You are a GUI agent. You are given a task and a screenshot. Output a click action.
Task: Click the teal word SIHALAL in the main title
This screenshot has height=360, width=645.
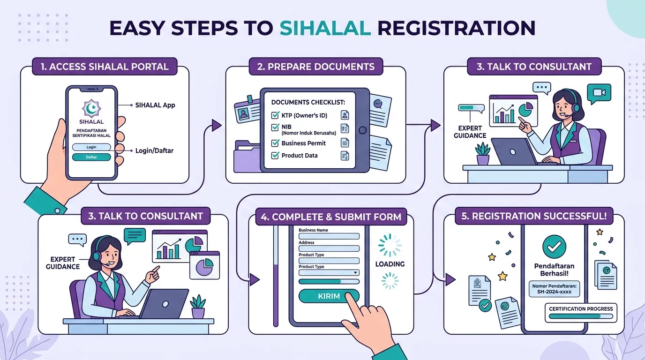click(x=325, y=28)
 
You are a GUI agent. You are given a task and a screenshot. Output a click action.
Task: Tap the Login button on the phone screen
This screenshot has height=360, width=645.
click(x=91, y=147)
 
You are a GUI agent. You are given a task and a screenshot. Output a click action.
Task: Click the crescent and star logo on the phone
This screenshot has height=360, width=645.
click(x=91, y=109)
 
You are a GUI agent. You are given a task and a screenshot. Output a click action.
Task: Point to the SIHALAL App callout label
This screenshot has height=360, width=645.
click(x=155, y=105)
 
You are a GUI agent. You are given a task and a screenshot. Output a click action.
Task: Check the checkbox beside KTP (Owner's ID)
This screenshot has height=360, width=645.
click(x=275, y=115)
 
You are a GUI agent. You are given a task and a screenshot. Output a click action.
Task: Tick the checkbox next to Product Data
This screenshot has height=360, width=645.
click(x=275, y=156)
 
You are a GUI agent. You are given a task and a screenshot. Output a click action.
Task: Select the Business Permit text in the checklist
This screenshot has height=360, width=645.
click(x=303, y=143)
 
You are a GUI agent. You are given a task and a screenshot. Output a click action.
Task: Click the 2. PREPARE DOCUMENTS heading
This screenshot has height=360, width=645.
click(x=316, y=67)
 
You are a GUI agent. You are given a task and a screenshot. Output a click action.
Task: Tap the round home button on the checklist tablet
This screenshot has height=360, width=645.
click(x=362, y=130)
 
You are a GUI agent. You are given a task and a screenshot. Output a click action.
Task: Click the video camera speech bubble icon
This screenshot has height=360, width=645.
click(x=599, y=93)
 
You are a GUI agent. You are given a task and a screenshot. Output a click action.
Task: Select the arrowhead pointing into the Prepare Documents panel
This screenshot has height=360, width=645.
click(x=217, y=125)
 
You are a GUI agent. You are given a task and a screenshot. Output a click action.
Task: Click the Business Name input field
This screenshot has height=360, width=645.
click(x=329, y=236)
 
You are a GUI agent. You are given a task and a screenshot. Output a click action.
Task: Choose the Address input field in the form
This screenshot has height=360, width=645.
click(x=329, y=248)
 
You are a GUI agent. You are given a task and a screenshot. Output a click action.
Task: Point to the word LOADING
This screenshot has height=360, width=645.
click(x=390, y=264)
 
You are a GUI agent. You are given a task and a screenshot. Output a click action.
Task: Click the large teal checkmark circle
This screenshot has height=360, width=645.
click(x=554, y=247)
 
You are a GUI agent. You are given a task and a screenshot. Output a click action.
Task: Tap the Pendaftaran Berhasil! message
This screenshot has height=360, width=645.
click(x=554, y=270)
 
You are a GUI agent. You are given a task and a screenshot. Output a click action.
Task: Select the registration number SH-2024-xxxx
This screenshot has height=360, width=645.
click(x=554, y=292)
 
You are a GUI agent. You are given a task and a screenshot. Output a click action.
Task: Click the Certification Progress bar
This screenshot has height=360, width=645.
click(x=581, y=316)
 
